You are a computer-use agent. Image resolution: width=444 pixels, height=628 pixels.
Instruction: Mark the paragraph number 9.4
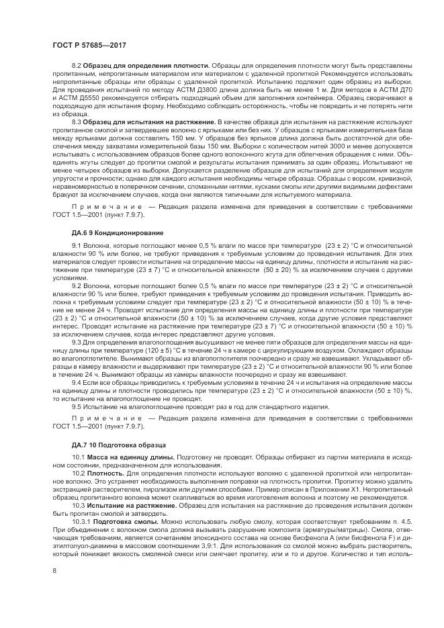(x=77, y=382)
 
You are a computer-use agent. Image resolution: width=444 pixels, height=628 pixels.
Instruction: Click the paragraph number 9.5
(x=77, y=406)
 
